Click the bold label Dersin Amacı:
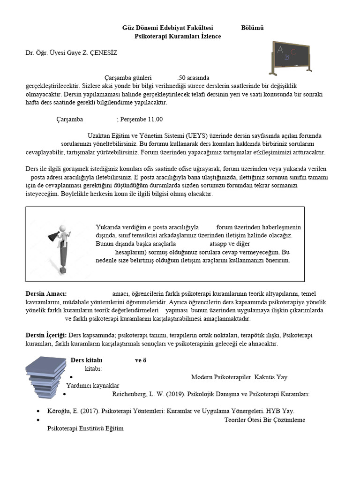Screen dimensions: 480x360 pyautogui.click(x=46, y=293)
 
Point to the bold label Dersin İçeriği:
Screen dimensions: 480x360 pyautogui.click(x=46, y=335)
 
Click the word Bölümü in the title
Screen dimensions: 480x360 pyautogui.click(x=252, y=28)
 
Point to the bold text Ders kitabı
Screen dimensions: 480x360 pyautogui.click(x=86, y=360)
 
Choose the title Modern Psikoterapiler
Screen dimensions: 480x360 pyautogui.click(x=222, y=377)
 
